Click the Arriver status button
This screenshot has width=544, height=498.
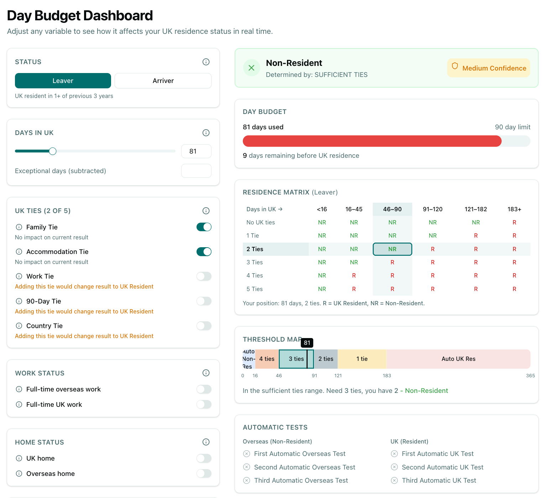[163, 81]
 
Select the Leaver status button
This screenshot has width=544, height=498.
[63, 81]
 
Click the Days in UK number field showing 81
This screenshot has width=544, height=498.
[196, 151]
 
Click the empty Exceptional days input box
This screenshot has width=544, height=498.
[196, 171]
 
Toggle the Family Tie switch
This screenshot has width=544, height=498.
[204, 227]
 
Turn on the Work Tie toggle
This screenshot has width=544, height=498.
[204, 276]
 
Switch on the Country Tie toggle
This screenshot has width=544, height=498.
[204, 326]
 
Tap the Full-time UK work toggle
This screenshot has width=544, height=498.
[204, 405]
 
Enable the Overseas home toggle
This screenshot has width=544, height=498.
[204, 474]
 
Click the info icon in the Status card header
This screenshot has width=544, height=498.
[206, 62]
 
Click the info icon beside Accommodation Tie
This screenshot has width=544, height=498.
[19, 252]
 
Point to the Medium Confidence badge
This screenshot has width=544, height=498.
[488, 68]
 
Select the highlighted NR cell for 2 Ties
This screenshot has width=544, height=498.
[392, 249]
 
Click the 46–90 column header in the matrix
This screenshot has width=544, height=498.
[392, 209]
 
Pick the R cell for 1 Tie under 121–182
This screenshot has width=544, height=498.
[476, 236]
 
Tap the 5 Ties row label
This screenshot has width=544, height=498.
[255, 289]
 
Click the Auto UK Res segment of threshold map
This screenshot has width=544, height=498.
[458, 359]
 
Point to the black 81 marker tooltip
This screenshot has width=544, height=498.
[307, 343]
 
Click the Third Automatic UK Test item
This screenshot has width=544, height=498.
[439, 481]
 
